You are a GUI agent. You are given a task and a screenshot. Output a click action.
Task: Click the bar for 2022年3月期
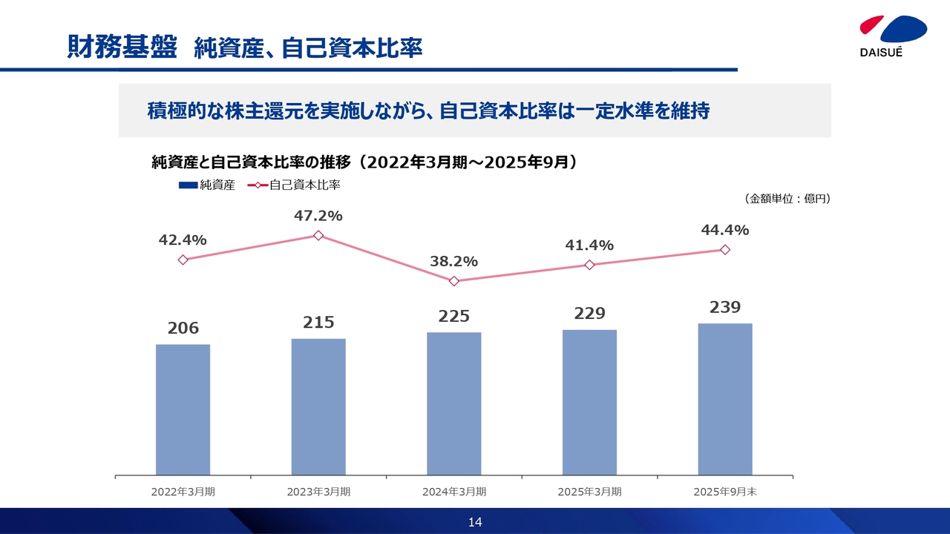183,409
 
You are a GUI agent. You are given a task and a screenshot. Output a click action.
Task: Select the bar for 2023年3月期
318,406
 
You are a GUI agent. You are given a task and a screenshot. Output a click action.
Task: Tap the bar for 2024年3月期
454,403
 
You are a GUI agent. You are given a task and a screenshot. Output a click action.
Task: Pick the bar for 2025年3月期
589,402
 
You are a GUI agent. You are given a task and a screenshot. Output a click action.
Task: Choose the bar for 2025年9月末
725,399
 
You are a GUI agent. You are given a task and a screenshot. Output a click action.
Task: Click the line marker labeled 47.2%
318,235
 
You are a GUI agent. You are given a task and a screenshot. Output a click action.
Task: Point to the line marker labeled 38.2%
454,281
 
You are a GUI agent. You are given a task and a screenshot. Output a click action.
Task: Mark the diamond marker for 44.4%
725,250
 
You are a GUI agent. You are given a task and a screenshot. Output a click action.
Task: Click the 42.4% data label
183,240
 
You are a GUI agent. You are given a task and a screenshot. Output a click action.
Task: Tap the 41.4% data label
589,245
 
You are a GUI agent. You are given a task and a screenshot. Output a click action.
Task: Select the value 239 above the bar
725,307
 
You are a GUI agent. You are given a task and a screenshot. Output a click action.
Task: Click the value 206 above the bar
183,328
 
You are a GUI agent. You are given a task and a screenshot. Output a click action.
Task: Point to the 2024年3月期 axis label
454,491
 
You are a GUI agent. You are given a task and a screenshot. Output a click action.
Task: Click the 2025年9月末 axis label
725,491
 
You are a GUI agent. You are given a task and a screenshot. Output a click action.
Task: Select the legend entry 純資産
207,185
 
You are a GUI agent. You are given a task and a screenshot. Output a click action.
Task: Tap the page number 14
475,522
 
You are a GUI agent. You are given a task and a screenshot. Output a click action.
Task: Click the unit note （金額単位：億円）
786,199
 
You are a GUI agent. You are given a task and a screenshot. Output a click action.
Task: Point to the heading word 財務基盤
122,47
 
